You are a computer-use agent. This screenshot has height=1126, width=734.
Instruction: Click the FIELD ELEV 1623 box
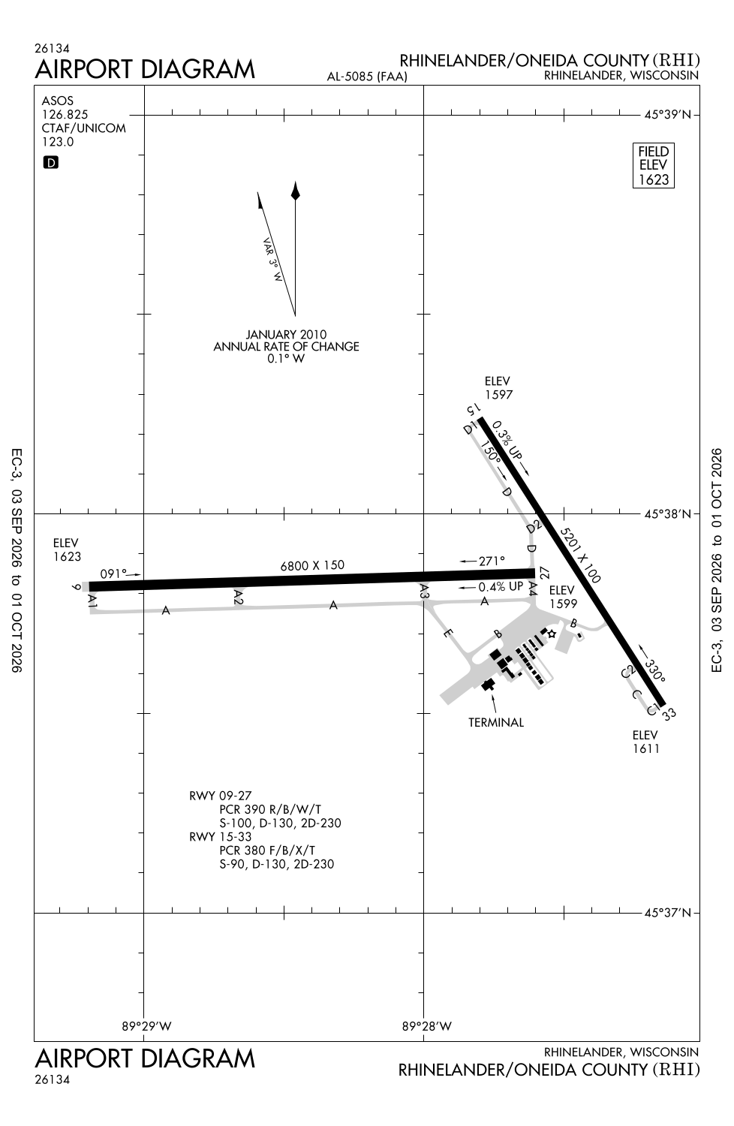tap(653, 165)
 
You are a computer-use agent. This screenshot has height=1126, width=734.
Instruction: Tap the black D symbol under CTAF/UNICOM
tap(51, 162)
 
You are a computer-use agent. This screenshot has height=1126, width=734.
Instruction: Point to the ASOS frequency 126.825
tap(65, 115)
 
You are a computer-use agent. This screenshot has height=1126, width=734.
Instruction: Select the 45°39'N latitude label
tap(668, 115)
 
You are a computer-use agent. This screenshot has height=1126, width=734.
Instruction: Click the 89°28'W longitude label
tap(427, 1026)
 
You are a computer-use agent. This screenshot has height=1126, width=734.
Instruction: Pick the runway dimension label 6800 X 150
tap(312, 565)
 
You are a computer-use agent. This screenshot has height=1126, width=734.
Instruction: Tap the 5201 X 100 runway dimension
tap(580, 555)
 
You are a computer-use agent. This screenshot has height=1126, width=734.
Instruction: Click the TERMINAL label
tap(496, 722)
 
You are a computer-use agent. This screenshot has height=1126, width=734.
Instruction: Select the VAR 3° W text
tap(272, 260)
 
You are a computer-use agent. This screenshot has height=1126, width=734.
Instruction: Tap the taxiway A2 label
tap(239, 598)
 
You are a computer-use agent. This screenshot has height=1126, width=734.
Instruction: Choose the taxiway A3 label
tap(424, 592)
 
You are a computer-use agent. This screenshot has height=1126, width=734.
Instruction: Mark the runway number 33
tap(669, 714)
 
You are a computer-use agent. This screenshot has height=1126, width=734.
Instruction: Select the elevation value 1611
tap(646, 748)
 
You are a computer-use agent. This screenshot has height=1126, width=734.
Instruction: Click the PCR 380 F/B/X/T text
tap(267, 850)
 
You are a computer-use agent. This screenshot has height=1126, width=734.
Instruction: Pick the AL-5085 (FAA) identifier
tap(367, 77)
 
